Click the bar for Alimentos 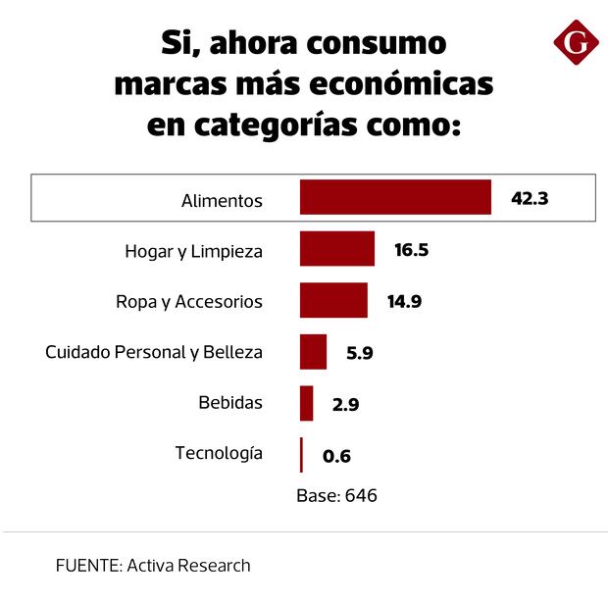coord(395,197)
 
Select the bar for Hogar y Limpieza coord(337,249)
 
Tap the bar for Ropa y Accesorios coord(333,301)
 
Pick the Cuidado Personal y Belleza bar coord(314,352)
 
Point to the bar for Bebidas coord(307,403)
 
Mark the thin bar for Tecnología coord(301,455)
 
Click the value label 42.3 coord(530,198)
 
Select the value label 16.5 coord(412,250)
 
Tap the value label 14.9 coord(404,301)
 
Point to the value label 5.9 coord(360,353)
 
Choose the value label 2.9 coord(346,404)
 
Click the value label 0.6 coord(337,456)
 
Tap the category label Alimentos coord(222,200)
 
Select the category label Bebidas coord(230,403)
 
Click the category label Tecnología coord(219,453)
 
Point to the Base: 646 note coord(336,496)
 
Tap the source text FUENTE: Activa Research coord(153,566)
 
